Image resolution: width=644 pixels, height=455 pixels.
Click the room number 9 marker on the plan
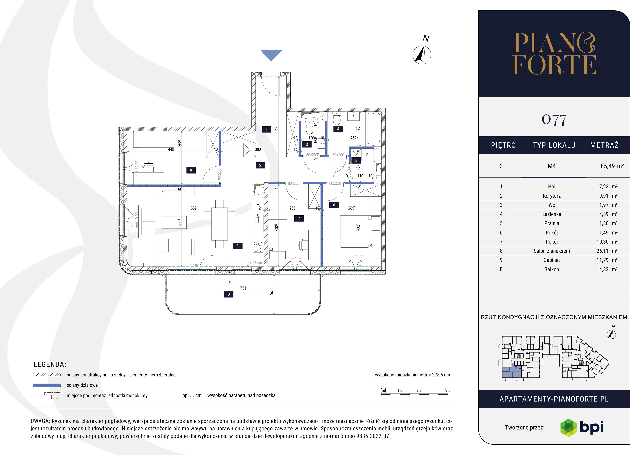tap(191, 170)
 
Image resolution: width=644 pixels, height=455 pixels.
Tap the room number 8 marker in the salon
tap(237, 246)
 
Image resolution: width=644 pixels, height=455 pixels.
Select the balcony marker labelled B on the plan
tap(229, 294)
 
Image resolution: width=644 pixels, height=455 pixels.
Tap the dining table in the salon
tap(219, 224)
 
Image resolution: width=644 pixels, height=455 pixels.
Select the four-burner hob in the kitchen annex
tap(258, 247)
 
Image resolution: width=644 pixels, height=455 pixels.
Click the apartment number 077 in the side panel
tap(554, 120)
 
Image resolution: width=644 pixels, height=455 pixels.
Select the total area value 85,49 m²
tap(612, 166)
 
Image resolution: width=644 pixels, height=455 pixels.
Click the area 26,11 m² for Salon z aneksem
tap(607, 251)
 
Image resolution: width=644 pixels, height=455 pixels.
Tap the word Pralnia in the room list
tap(552, 223)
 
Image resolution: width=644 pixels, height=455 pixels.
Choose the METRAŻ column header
tap(604, 145)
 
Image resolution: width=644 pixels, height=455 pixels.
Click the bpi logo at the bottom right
tap(582, 427)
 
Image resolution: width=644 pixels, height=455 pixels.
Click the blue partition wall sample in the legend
tap(47, 385)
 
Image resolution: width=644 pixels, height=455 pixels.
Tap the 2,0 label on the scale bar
tap(419, 390)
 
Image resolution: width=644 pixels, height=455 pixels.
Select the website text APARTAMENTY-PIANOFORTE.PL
tap(554, 399)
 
